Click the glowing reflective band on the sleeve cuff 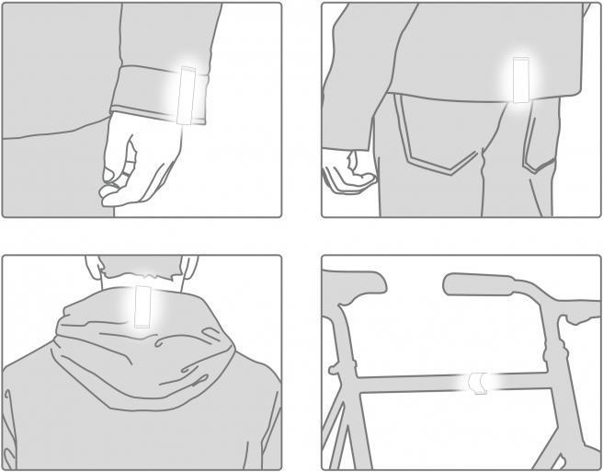[189, 96]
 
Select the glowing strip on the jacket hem [521, 80]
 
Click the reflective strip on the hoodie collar [142, 305]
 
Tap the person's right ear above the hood [189, 266]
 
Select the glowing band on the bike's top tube [479, 383]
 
